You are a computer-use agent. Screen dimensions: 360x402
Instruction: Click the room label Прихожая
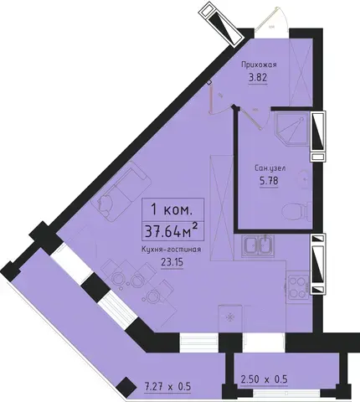[x=259, y=64]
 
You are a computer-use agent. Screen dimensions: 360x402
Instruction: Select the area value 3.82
[x=258, y=78]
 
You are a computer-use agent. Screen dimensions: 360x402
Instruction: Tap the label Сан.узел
[x=270, y=168]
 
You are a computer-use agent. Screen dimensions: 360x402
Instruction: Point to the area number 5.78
[x=269, y=181]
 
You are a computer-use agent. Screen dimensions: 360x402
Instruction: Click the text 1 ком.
[x=172, y=209]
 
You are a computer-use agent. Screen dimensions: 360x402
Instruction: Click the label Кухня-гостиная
[x=171, y=250]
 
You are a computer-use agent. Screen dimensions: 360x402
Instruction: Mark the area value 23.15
[x=172, y=262]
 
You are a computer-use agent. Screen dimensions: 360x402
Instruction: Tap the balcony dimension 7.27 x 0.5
[x=167, y=387]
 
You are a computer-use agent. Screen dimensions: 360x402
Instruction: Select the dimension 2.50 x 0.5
[x=264, y=379]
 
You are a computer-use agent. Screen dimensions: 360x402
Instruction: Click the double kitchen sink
[x=258, y=245]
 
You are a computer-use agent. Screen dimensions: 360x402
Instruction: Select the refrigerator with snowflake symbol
[x=231, y=317]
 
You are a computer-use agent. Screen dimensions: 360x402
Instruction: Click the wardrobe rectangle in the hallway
[x=301, y=72]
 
